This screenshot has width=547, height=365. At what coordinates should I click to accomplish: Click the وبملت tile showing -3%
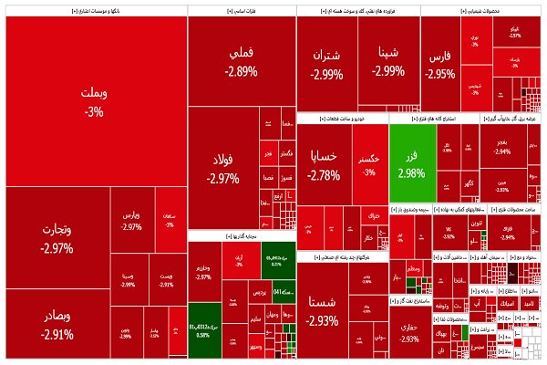pyautogui.click(x=94, y=100)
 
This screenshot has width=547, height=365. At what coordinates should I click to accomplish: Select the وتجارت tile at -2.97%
pyautogui.click(x=57, y=237)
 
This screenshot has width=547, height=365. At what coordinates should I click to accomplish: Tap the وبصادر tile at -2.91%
pyautogui.click(x=57, y=324)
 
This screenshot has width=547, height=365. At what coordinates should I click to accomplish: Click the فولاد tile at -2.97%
pyautogui.click(x=222, y=169)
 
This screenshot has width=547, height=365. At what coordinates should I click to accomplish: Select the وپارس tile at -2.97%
pyautogui.click(x=131, y=221)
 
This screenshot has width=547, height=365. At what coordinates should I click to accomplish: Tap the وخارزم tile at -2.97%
pyautogui.click(x=202, y=271)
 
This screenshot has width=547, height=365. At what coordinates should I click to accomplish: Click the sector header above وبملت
pyautogui.click(x=94, y=12)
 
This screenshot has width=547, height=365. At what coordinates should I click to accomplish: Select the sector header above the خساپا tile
pyautogui.click(x=342, y=119)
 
